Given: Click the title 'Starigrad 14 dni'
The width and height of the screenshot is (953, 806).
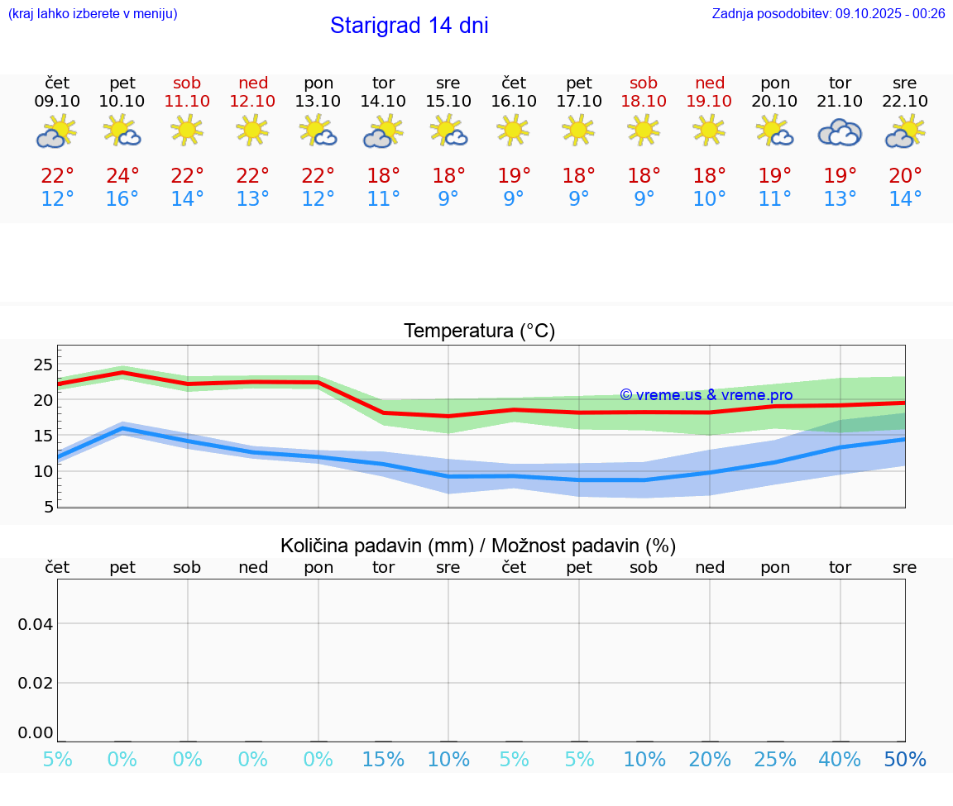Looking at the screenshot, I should [x=409, y=26].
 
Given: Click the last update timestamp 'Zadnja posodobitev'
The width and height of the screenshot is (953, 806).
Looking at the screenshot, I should [x=828, y=14].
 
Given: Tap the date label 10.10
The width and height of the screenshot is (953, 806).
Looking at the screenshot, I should [x=122, y=102].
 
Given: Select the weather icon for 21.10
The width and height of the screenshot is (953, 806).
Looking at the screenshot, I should [x=840, y=132].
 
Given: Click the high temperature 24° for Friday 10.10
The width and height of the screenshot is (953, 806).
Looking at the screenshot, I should [x=122, y=176].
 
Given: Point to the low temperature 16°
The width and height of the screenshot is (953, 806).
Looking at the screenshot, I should [x=122, y=199].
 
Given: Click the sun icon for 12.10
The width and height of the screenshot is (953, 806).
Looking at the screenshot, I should [x=252, y=130].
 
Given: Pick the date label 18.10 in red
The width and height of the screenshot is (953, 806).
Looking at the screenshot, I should [x=644, y=102].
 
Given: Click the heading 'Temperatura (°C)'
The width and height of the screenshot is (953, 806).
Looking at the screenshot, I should [x=479, y=331].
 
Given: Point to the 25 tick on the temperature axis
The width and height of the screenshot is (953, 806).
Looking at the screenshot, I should [x=43, y=365].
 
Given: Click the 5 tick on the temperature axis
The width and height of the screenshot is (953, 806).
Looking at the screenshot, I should [x=49, y=507].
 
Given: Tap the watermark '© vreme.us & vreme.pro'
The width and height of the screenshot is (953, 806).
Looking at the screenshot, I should [x=706, y=395].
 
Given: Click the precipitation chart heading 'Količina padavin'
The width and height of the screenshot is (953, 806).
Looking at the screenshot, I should [x=478, y=546].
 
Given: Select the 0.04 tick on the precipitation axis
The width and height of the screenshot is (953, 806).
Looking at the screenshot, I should [x=36, y=624].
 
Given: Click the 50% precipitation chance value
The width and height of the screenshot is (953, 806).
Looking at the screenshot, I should [x=905, y=760].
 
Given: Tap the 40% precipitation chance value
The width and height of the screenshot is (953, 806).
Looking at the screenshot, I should [x=840, y=760].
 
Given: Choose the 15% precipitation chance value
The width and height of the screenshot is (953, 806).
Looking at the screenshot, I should [x=383, y=760].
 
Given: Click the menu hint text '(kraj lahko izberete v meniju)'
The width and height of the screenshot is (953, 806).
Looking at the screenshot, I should [x=93, y=14].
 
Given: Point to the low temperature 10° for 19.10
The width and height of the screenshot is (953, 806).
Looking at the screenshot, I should [x=709, y=199].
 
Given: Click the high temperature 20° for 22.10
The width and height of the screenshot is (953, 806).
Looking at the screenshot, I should [x=905, y=176].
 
